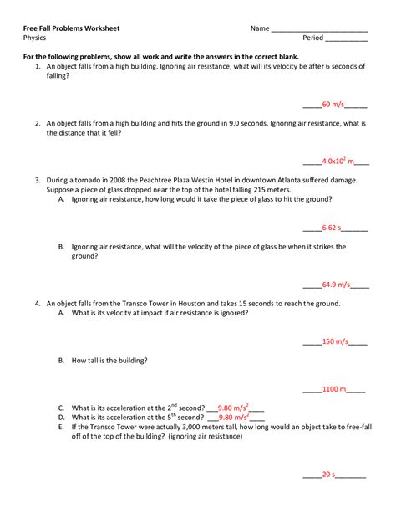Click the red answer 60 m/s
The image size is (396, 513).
pos(333,105)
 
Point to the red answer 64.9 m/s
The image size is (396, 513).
pos(335,284)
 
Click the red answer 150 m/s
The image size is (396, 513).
pos(333,341)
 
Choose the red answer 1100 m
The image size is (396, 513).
pos(333,389)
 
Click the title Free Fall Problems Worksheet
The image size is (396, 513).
pos(71,28)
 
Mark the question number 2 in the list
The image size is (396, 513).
pos(38,123)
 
